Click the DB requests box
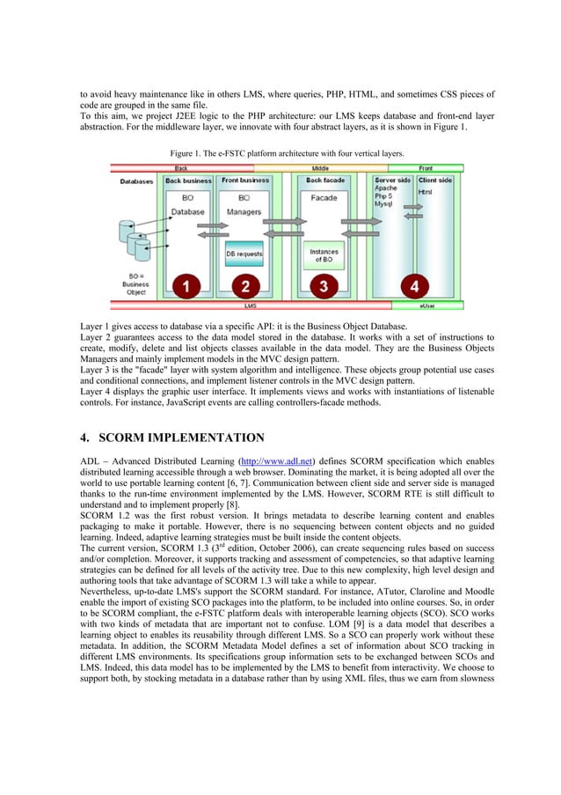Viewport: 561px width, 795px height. (244, 254)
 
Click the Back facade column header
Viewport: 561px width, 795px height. (326, 180)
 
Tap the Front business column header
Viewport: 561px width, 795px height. (244, 180)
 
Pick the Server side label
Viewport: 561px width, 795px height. (391, 180)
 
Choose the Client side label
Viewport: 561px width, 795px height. (433, 180)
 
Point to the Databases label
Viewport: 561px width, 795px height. (136, 181)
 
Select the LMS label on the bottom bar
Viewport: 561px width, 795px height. (249, 305)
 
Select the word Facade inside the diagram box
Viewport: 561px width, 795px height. (324, 198)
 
